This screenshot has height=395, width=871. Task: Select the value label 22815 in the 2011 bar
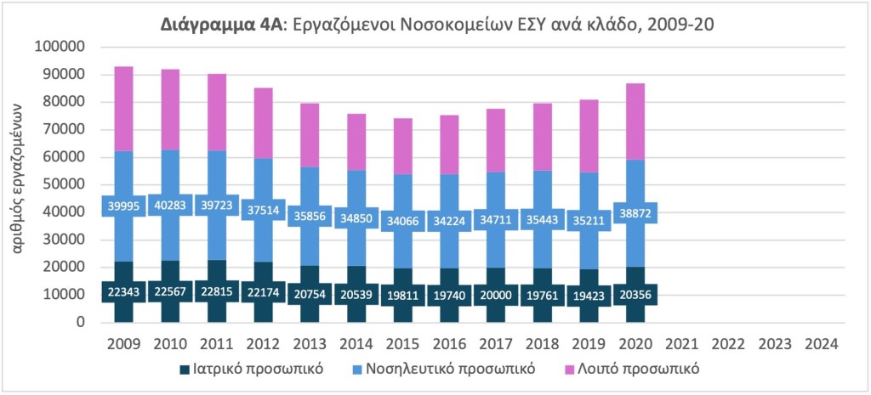(217, 291)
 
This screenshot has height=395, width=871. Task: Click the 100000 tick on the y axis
(60, 47)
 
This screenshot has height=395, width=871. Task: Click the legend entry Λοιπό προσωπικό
(640, 370)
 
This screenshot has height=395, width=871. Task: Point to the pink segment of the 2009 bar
(124, 108)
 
